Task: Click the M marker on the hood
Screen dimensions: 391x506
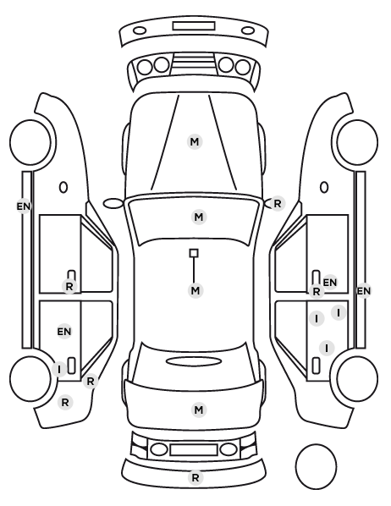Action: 195,141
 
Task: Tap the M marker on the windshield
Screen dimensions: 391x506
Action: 199,217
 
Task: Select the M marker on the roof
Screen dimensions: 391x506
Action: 195,290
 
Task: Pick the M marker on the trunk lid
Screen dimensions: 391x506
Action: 199,410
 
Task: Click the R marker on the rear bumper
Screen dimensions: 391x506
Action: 195,477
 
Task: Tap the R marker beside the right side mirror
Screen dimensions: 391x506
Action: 278,204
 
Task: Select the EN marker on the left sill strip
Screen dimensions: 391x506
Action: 24,206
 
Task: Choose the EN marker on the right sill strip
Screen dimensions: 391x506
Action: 364,291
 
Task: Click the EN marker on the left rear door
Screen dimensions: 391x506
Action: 64,332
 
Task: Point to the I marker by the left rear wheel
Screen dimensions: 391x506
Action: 59,369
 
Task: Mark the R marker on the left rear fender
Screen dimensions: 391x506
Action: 65,403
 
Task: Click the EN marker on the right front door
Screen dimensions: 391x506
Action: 330,283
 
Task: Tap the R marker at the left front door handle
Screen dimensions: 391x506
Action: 69,286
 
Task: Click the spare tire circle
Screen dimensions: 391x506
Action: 316,466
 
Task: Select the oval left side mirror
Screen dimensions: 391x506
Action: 113,203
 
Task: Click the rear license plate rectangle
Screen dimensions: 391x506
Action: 194,450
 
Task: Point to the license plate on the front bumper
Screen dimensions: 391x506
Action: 194,26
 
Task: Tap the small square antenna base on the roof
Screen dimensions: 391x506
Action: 194,253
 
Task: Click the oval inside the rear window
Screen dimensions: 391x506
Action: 194,361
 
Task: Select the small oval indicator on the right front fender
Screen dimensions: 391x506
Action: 324,187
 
